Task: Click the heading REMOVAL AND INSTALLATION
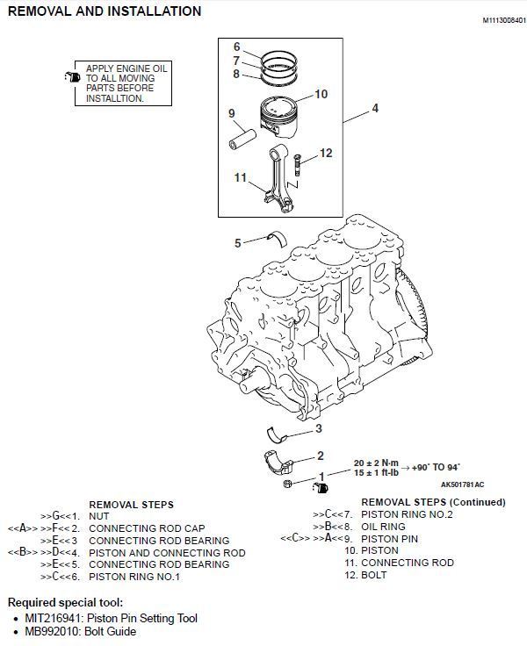[x=105, y=11]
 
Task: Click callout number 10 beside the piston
[x=321, y=94]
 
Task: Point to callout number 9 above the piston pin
[x=233, y=113]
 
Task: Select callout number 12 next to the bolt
[x=326, y=154]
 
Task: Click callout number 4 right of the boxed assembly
[x=375, y=109]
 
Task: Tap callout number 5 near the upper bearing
[x=237, y=242]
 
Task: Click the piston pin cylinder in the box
[x=243, y=138]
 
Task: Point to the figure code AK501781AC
[x=462, y=484]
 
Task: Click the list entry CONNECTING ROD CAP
[x=148, y=528]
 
